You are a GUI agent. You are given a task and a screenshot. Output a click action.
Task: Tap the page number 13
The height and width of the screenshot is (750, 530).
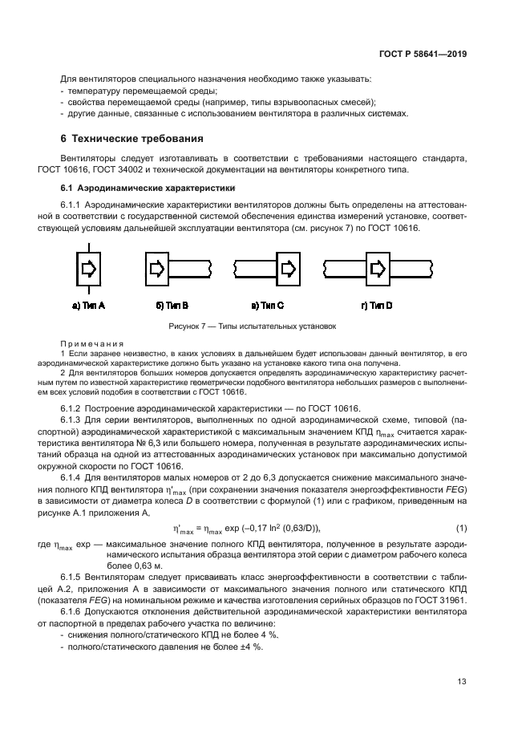point(462,682)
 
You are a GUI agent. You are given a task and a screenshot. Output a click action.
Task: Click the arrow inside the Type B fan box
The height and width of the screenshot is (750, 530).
point(158,267)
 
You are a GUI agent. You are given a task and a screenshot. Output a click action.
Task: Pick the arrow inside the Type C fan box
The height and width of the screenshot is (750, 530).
point(287,267)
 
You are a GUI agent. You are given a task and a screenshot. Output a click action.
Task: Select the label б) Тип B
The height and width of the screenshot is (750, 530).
point(172,306)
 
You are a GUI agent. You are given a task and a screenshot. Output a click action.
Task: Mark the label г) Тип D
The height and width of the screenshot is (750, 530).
point(377,306)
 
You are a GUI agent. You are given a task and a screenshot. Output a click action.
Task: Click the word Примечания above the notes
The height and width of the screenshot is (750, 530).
point(92,343)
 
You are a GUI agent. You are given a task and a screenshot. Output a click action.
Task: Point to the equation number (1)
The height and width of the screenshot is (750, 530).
point(461,528)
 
